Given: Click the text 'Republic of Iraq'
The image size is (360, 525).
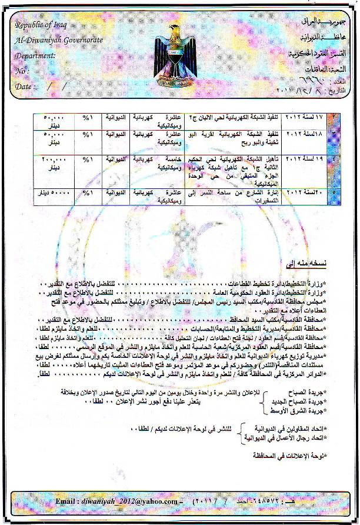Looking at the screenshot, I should pyautogui.click(x=39, y=25).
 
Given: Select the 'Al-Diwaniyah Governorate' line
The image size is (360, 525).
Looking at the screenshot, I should pyautogui.click(x=59, y=40).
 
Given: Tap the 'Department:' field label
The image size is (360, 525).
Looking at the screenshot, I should pyautogui.click(x=36, y=56).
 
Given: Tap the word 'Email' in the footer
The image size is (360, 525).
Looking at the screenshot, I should pyautogui.click(x=66, y=501).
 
